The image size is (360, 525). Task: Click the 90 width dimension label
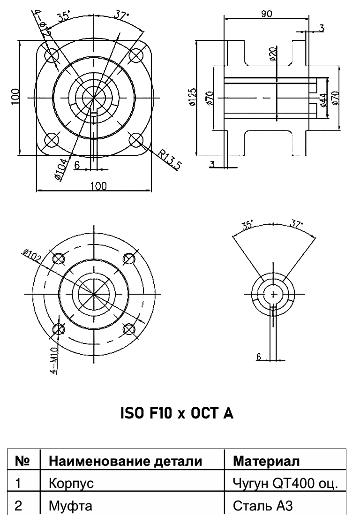267,14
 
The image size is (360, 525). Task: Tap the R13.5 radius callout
170,160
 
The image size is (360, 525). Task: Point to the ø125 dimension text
192,98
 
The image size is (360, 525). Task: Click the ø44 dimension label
323,100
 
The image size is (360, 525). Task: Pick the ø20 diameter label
273,54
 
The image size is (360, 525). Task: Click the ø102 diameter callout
32,256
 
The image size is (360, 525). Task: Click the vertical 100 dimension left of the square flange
15,97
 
